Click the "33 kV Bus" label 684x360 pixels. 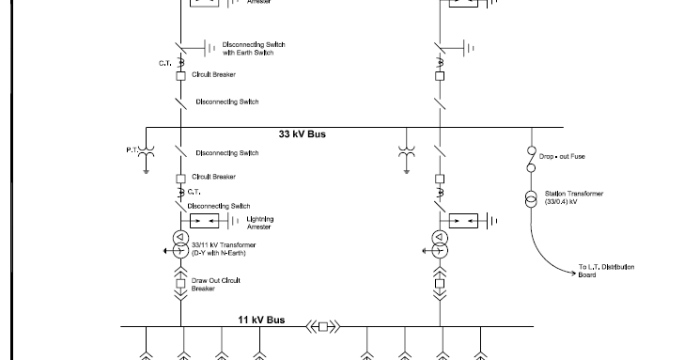click(x=303, y=134)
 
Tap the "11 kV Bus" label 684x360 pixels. click(x=261, y=321)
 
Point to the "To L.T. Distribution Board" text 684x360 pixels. click(x=606, y=272)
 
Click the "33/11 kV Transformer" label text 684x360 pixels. click(x=225, y=245)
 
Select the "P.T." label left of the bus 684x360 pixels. click(x=132, y=150)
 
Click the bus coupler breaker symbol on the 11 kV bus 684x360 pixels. click(x=324, y=327)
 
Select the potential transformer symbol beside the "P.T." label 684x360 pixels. click(x=147, y=150)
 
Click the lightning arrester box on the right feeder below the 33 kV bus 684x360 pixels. click(x=467, y=220)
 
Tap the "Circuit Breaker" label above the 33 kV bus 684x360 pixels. click(x=213, y=74)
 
